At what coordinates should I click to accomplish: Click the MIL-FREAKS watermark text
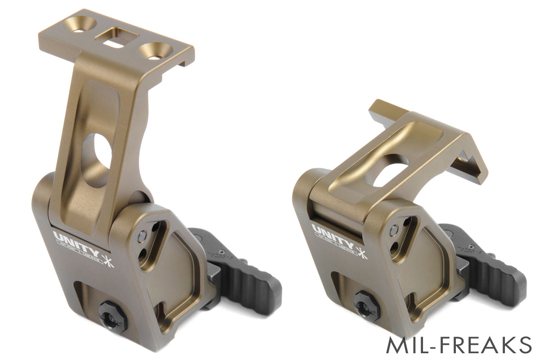click(459, 345)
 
